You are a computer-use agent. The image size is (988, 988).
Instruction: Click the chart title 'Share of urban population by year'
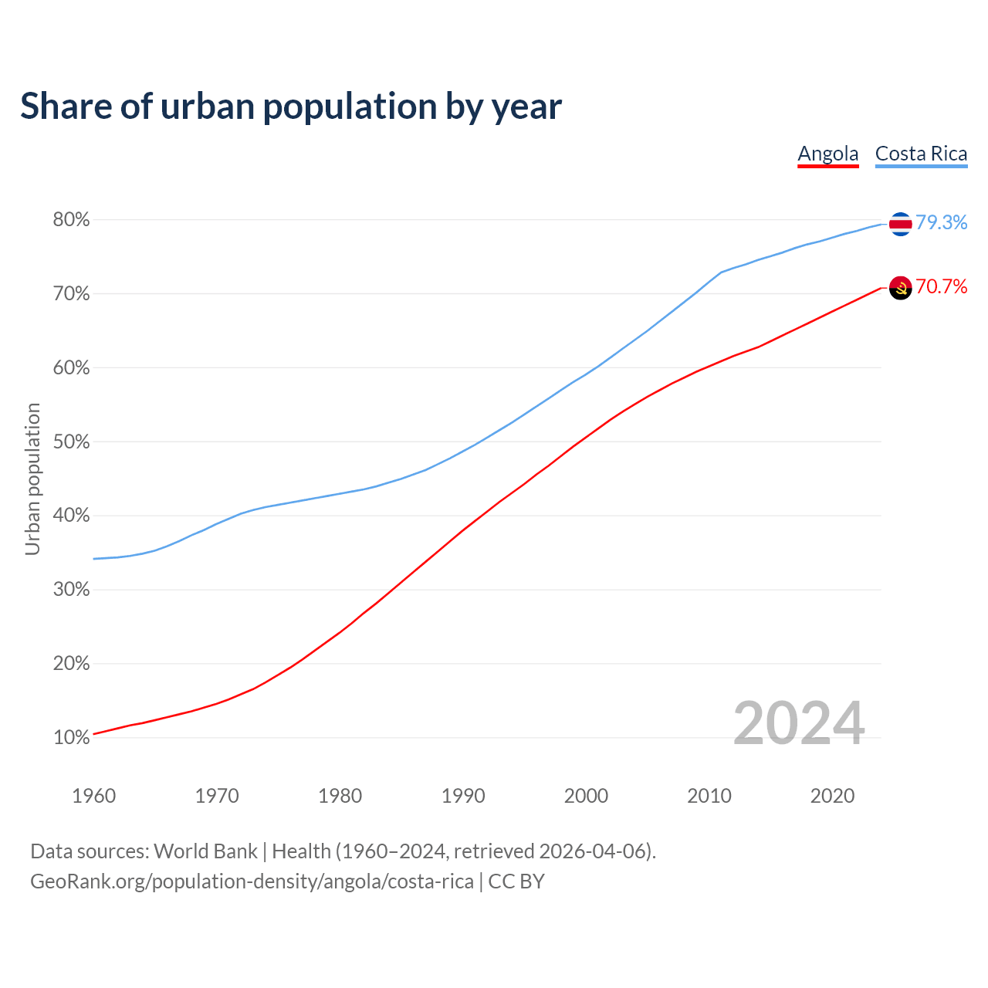(291, 107)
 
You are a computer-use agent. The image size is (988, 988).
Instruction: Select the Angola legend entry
(827, 154)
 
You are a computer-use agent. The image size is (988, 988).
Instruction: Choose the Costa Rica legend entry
(921, 154)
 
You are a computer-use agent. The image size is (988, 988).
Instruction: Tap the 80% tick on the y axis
(71, 220)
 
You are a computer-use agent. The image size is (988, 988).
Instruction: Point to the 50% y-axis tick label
(71, 442)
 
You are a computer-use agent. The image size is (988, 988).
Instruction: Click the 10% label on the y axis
(71, 738)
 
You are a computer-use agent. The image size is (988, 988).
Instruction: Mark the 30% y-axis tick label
(71, 590)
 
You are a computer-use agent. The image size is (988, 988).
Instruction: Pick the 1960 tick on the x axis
(93, 796)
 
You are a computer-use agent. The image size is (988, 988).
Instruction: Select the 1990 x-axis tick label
(463, 796)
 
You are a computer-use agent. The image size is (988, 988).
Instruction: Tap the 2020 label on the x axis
(832, 796)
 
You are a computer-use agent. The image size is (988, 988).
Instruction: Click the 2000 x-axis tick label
(586, 796)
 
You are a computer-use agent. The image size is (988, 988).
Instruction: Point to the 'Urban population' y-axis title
(32, 479)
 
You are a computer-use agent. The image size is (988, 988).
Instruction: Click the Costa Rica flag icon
(900, 223)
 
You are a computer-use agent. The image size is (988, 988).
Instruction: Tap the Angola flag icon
(900, 287)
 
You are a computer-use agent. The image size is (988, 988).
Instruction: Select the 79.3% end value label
(941, 222)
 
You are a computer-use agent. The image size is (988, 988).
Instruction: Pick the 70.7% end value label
(941, 286)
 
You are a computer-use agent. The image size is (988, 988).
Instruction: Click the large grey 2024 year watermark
(798, 723)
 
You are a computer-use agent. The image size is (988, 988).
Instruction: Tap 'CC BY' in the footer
(516, 881)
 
